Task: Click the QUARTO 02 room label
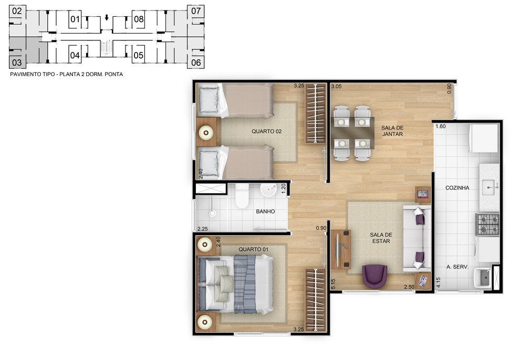pyautogui.click(x=267, y=132)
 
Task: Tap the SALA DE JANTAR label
pyautogui.click(x=392, y=131)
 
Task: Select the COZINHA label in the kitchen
pyautogui.click(x=457, y=188)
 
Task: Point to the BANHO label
pyautogui.click(x=265, y=211)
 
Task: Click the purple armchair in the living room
pyautogui.click(x=375, y=276)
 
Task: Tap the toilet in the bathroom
pyautogui.click(x=242, y=196)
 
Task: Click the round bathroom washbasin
pyautogui.click(x=268, y=190)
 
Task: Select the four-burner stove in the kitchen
pyautogui.click(x=488, y=224)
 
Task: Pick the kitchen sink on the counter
pyautogui.click(x=488, y=188)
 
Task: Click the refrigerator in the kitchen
pyautogui.click(x=484, y=138)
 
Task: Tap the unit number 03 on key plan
pyautogui.click(x=17, y=62)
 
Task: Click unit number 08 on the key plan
pyautogui.click(x=139, y=19)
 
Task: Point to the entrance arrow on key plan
pyautogui.click(x=107, y=17)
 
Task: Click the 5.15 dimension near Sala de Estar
pyautogui.click(x=334, y=284)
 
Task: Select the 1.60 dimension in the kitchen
pyautogui.click(x=441, y=126)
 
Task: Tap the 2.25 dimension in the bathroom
pyautogui.click(x=203, y=229)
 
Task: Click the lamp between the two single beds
pyautogui.click(x=206, y=133)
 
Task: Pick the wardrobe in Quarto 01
pyautogui.click(x=316, y=300)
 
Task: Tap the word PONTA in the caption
pyautogui.click(x=114, y=75)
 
